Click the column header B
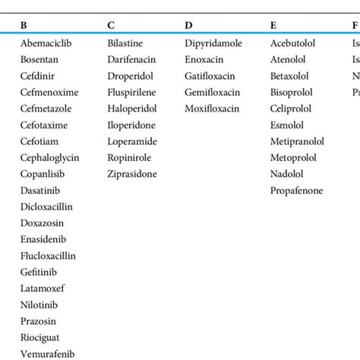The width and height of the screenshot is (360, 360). tap(24, 25)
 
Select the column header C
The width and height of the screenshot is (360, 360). tap(112, 25)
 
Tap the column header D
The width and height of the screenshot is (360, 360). tap(188, 25)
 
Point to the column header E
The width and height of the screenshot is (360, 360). tap(273, 25)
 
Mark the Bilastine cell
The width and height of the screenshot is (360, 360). tap(125, 43)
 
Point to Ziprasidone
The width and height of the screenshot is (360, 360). tap(133, 174)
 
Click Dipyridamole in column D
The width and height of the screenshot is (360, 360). tap(213, 43)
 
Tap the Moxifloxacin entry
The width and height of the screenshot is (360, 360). tap(212, 109)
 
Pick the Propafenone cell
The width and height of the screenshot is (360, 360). tap(296, 191)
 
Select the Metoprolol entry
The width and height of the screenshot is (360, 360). tap(293, 158)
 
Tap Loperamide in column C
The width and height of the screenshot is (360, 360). tap(131, 141)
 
